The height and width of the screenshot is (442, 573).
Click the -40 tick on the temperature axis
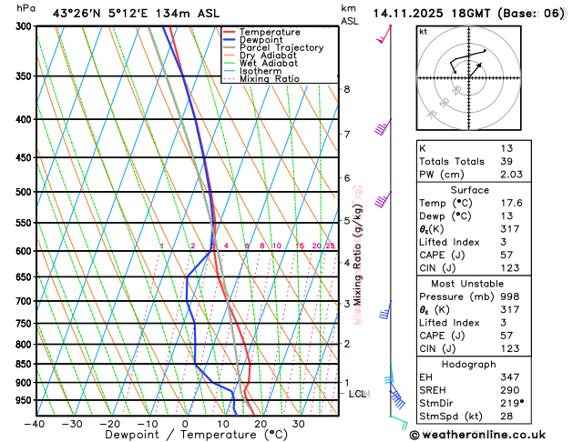click(x=35, y=423)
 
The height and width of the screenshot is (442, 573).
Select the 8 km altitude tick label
click(x=347, y=89)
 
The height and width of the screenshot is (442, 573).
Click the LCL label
click(x=358, y=394)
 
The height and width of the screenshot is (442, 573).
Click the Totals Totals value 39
click(x=506, y=161)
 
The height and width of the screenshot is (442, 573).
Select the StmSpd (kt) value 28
click(x=506, y=417)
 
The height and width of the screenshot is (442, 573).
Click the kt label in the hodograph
click(x=423, y=31)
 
